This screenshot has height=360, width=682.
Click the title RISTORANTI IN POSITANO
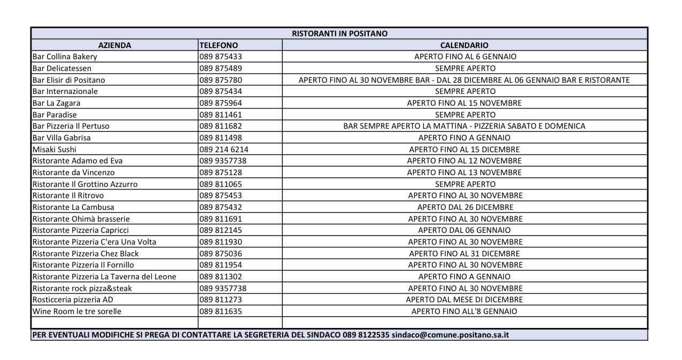pos(339,33)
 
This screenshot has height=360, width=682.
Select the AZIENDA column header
pos(114,45)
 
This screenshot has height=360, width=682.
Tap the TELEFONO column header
pos(219,45)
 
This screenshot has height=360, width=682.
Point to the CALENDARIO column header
pos(464,45)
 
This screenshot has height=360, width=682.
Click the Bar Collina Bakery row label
pos(65,57)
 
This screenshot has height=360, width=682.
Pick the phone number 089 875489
pos(221,68)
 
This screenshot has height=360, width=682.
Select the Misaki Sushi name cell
pos(55,150)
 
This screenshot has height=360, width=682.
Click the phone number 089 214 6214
pos(224,150)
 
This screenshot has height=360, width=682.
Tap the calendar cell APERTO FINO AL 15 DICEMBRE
pos(464,150)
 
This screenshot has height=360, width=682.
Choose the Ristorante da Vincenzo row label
pos(73,173)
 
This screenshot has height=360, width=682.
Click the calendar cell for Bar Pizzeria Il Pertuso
pos(464,126)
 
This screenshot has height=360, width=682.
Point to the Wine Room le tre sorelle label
pos(77,311)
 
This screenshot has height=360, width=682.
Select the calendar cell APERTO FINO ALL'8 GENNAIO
pos(464,311)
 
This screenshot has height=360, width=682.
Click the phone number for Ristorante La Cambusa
pos(221,207)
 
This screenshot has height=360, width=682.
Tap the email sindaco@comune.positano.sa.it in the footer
pos(450,335)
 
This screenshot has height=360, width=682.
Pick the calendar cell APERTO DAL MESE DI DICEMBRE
pos(464,300)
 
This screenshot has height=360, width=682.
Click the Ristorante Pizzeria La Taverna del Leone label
pos(104,277)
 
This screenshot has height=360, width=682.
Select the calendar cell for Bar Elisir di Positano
pos(464,80)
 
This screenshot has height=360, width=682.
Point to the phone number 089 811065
pos(221,184)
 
